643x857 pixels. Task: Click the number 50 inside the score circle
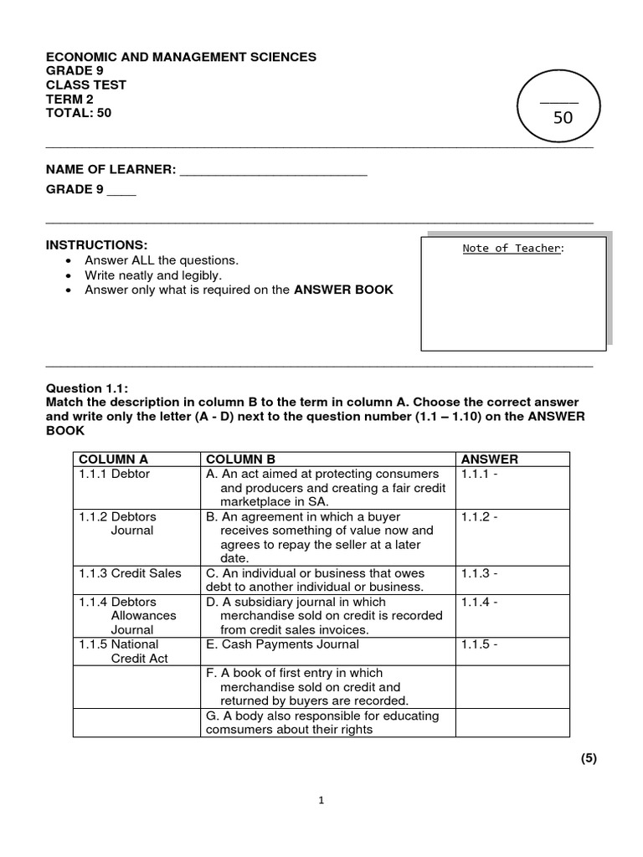click(x=563, y=118)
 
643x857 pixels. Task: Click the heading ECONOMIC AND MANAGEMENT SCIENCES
click(x=181, y=57)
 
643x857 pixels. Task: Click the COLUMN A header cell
click(x=113, y=459)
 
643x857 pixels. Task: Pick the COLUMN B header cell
click(x=240, y=459)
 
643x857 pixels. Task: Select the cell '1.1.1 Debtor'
click(x=113, y=474)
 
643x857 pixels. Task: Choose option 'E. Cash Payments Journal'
click(x=282, y=644)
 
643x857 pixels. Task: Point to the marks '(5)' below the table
click(x=589, y=758)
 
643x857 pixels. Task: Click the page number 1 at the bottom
click(x=321, y=800)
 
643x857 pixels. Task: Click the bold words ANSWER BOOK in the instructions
click(x=343, y=290)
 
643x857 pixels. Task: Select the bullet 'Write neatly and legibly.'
click(x=153, y=275)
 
